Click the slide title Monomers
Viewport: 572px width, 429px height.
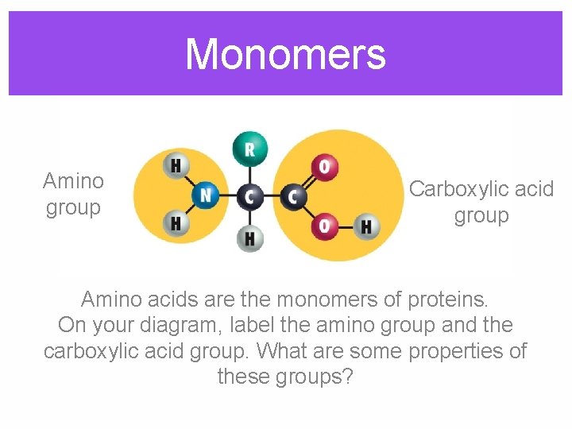[285, 55]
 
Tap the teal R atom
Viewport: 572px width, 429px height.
[249, 149]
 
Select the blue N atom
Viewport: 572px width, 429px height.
[207, 195]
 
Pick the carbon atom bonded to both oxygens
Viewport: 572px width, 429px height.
[293, 195]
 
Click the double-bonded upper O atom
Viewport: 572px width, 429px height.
[324, 167]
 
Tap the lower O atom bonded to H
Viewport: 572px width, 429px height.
[324, 226]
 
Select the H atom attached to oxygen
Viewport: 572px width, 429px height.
[365, 226]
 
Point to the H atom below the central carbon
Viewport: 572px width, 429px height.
[249, 238]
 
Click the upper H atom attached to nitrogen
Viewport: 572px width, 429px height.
[176, 166]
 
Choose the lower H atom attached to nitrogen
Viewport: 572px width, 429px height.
[176, 223]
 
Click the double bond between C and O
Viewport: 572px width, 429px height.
[308, 181]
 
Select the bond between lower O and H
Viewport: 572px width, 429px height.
[345, 226]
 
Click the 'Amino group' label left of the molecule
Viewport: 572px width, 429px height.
[73, 194]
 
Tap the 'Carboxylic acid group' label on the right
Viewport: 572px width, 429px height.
[481, 202]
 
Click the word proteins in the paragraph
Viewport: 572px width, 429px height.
[447, 299]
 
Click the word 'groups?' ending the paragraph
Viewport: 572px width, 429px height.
[316, 376]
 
